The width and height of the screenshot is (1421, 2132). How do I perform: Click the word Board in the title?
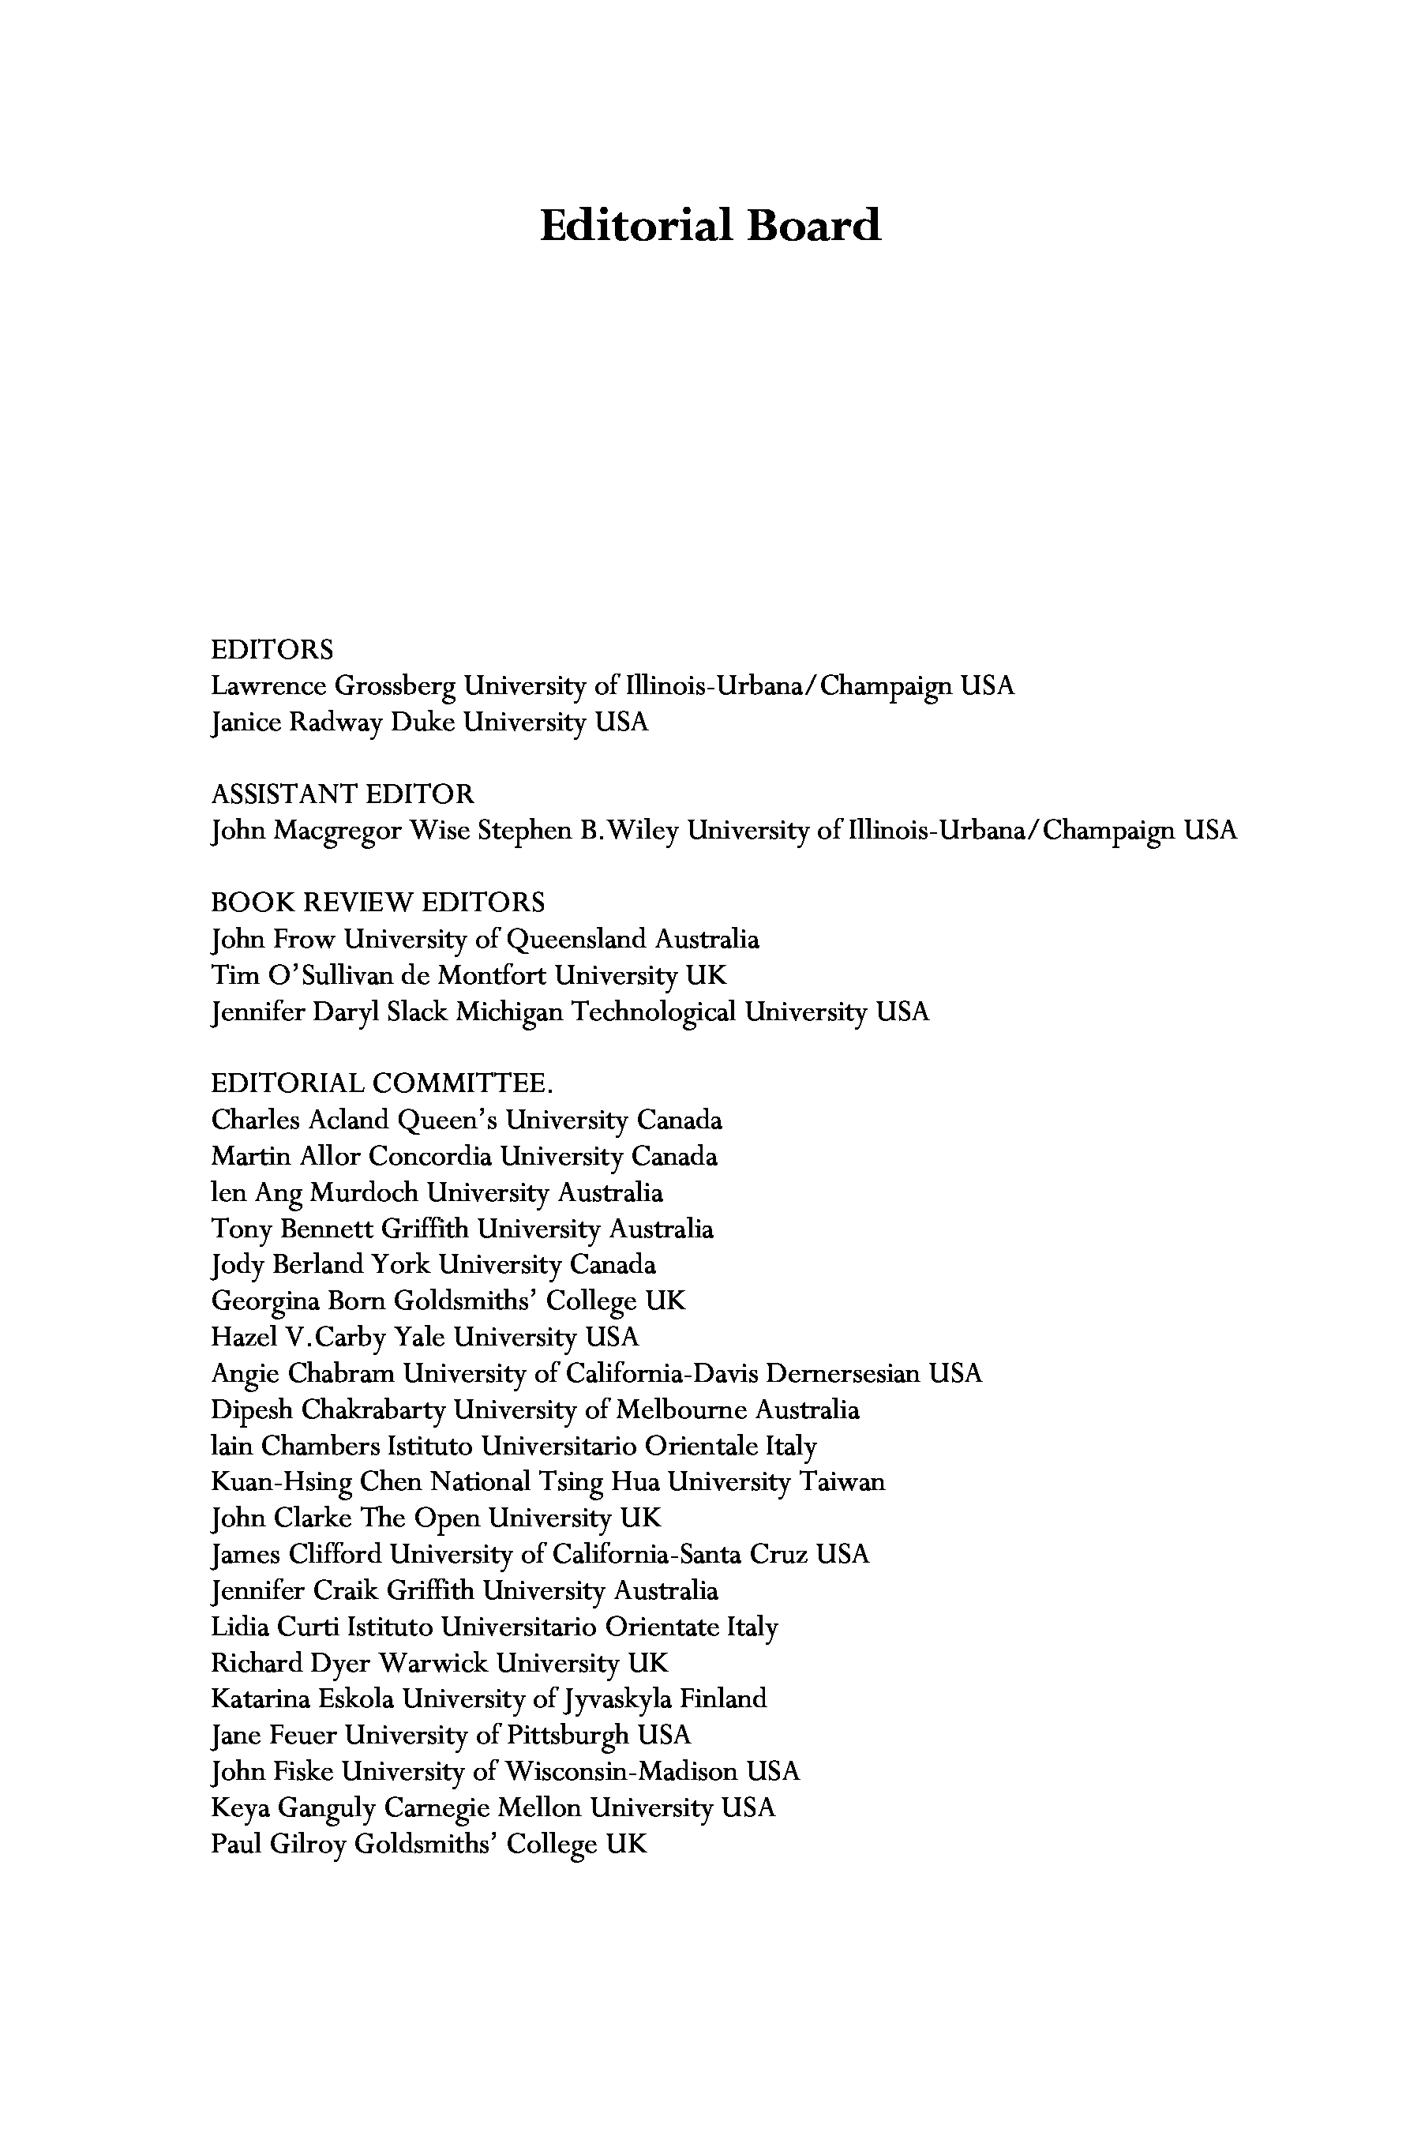[x=813, y=225]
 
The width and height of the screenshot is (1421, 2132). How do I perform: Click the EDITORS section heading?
[x=272, y=650]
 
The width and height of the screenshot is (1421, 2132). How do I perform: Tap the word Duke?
[x=423, y=723]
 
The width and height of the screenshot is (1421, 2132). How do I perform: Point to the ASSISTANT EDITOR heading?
[x=342, y=794]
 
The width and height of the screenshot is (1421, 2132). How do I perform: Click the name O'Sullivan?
[x=329, y=975]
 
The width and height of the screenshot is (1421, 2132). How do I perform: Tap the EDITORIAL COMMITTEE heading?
[x=381, y=1083]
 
